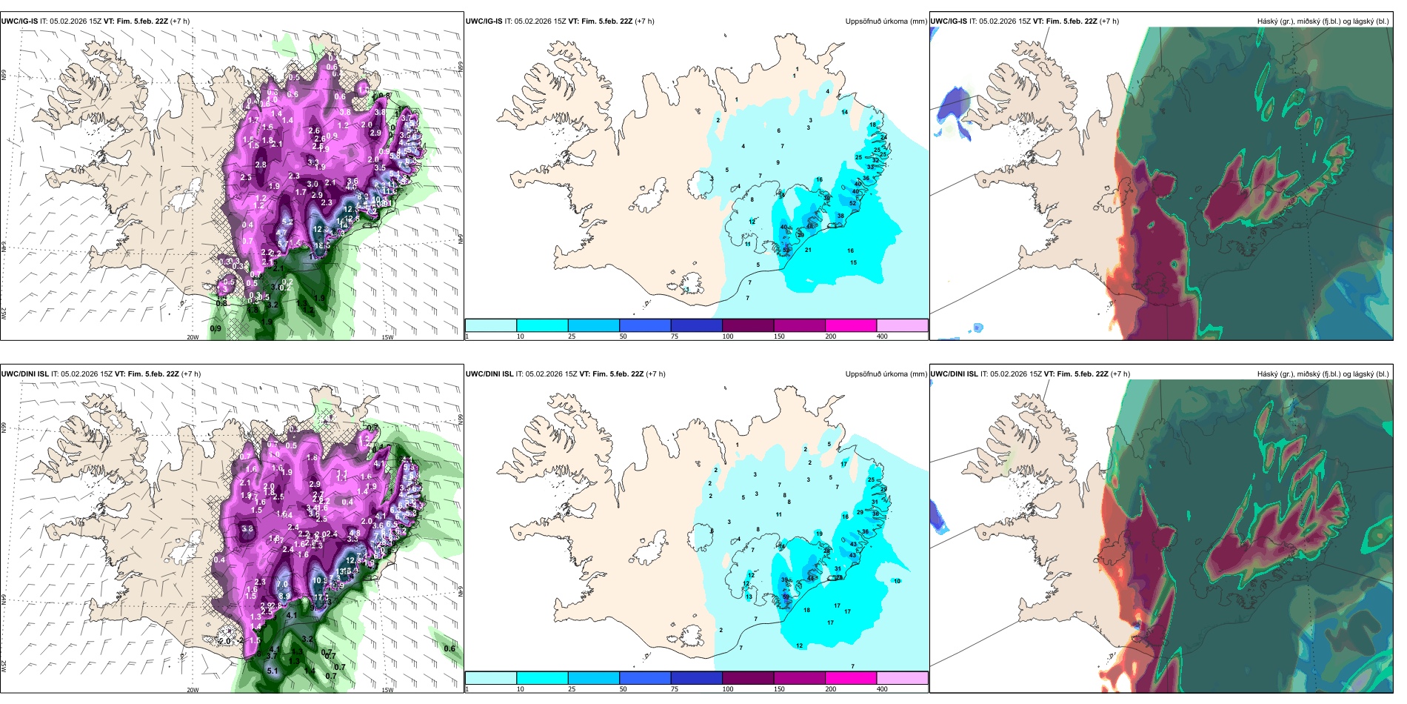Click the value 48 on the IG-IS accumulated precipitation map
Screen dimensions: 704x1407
tap(809, 226)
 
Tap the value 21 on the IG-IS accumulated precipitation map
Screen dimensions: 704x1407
tap(808, 250)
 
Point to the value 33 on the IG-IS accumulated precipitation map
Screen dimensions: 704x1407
tap(870, 167)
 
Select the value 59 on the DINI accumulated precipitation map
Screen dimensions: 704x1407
tap(786, 597)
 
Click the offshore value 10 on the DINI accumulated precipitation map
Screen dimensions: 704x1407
tap(897, 581)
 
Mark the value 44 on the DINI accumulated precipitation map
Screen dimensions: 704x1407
tap(810, 578)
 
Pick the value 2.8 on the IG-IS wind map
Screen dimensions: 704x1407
tap(261, 165)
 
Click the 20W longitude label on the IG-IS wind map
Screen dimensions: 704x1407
tap(193, 337)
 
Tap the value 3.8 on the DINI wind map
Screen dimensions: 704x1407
tap(247, 529)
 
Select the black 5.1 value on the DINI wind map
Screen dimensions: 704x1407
tap(273, 671)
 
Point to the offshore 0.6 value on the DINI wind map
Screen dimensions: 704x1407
tap(449, 648)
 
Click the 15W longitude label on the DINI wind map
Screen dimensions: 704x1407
tap(387, 690)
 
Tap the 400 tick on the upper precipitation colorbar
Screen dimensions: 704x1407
tap(882, 336)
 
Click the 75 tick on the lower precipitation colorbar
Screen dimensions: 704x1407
tap(675, 689)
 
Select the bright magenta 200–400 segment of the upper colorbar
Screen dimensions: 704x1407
tap(850, 325)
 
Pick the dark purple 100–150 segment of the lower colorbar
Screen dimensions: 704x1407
tap(747, 678)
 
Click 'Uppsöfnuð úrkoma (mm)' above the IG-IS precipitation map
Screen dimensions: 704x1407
tap(886, 21)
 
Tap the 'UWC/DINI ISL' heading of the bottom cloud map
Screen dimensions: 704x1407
tap(955, 374)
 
